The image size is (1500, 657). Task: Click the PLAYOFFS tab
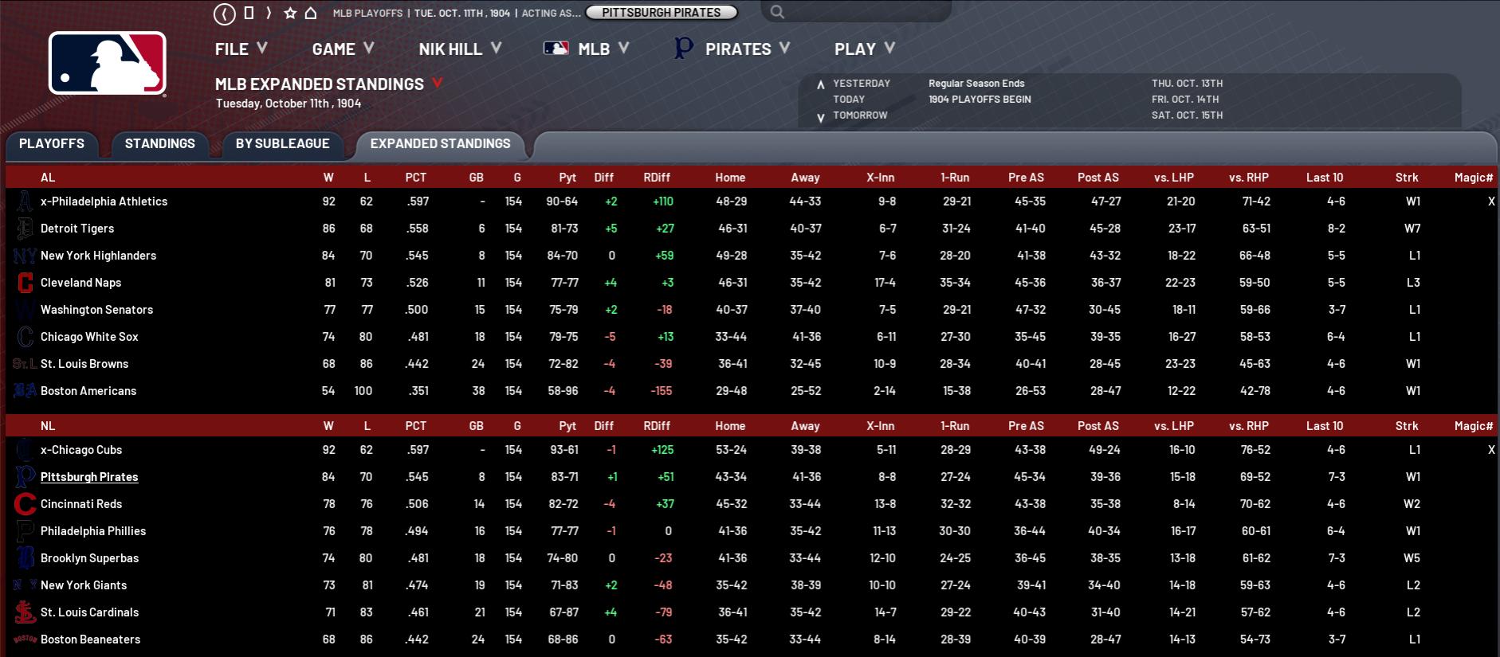click(52, 143)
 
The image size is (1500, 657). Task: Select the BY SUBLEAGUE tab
click(282, 143)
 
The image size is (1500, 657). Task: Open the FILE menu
click(240, 49)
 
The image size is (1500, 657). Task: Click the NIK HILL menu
click(459, 49)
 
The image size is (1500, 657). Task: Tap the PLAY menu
click(864, 49)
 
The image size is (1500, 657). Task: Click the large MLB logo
click(108, 64)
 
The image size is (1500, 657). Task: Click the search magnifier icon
click(778, 12)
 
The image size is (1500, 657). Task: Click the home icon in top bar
click(312, 13)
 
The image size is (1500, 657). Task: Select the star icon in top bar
click(290, 13)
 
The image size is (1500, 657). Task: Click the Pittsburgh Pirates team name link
click(89, 477)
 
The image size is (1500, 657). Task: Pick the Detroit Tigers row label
click(77, 229)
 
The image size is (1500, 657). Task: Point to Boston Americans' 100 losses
click(363, 391)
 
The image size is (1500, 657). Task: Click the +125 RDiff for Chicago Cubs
click(662, 450)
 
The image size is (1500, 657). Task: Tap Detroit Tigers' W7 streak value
click(1412, 229)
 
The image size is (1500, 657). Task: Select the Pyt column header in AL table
click(567, 178)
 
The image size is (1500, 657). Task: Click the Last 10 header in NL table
click(1324, 426)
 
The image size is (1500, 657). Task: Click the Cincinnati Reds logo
click(25, 504)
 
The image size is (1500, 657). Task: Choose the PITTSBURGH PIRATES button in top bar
click(661, 12)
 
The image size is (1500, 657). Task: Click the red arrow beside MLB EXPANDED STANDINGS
click(437, 83)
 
